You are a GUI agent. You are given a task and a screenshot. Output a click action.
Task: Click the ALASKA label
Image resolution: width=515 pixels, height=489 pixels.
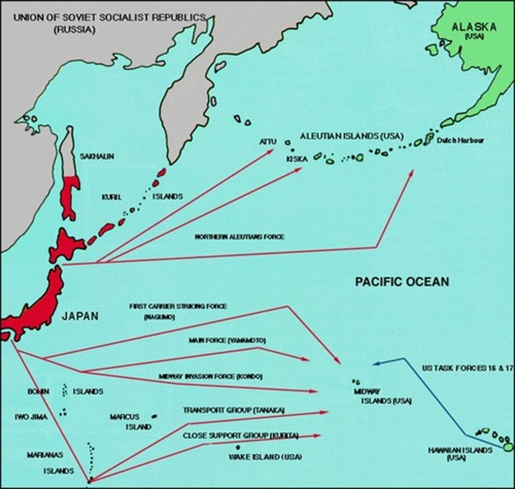474,27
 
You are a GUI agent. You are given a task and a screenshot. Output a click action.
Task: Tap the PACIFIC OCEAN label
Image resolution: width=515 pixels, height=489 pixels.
402,282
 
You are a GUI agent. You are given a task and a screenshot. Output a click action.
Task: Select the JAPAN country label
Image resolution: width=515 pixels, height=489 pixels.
80,316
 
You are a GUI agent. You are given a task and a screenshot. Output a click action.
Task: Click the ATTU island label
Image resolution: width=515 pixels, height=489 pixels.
268,142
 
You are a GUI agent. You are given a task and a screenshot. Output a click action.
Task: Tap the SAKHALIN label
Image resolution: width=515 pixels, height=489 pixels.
97,156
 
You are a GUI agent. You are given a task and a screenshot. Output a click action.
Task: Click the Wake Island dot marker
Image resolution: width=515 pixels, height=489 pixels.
238,447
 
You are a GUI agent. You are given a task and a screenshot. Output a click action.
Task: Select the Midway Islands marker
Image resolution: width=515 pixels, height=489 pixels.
356,382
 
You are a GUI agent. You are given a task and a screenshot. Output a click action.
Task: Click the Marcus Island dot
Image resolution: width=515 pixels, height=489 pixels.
154,416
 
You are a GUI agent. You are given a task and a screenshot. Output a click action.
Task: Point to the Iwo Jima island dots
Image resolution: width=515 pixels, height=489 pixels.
62,413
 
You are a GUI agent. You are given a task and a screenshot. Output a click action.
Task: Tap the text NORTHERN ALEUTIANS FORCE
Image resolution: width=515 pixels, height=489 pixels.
239,237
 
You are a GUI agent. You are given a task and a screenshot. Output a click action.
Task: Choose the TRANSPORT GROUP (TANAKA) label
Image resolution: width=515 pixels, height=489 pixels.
233,410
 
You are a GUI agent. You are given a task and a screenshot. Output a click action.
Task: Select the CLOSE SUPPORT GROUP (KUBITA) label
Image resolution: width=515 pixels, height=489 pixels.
241,436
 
